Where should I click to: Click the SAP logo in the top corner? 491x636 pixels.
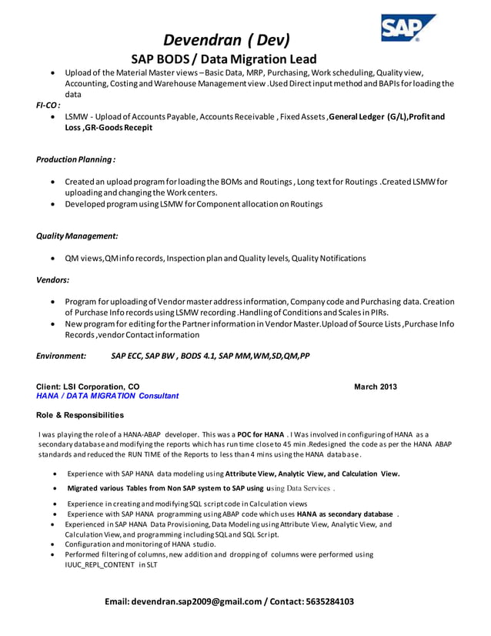[408, 28]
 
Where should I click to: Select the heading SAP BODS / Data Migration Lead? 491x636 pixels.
[223, 59]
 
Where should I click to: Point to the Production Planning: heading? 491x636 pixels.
[75, 159]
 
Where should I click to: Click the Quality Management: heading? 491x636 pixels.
[77, 236]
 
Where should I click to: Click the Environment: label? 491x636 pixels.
[61, 356]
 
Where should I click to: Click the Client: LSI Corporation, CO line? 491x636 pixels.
[88, 387]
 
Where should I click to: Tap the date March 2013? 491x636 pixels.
[376, 387]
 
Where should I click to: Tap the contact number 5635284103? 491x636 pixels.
[329, 601]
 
